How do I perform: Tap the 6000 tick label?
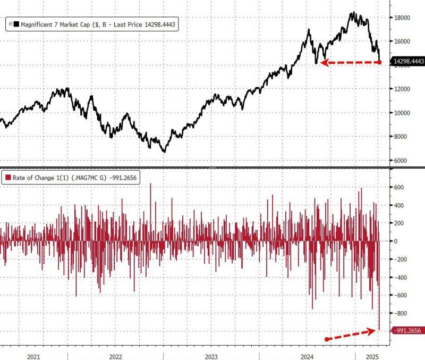tap(400, 161)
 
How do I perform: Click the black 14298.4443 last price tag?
tap(407, 62)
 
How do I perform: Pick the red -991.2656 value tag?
tap(407, 331)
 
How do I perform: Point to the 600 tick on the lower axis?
tap(398, 188)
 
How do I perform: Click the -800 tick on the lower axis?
tap(398, 314)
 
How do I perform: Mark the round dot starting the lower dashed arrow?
tap(326, 339)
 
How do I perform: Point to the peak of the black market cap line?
tap(353, 13)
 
